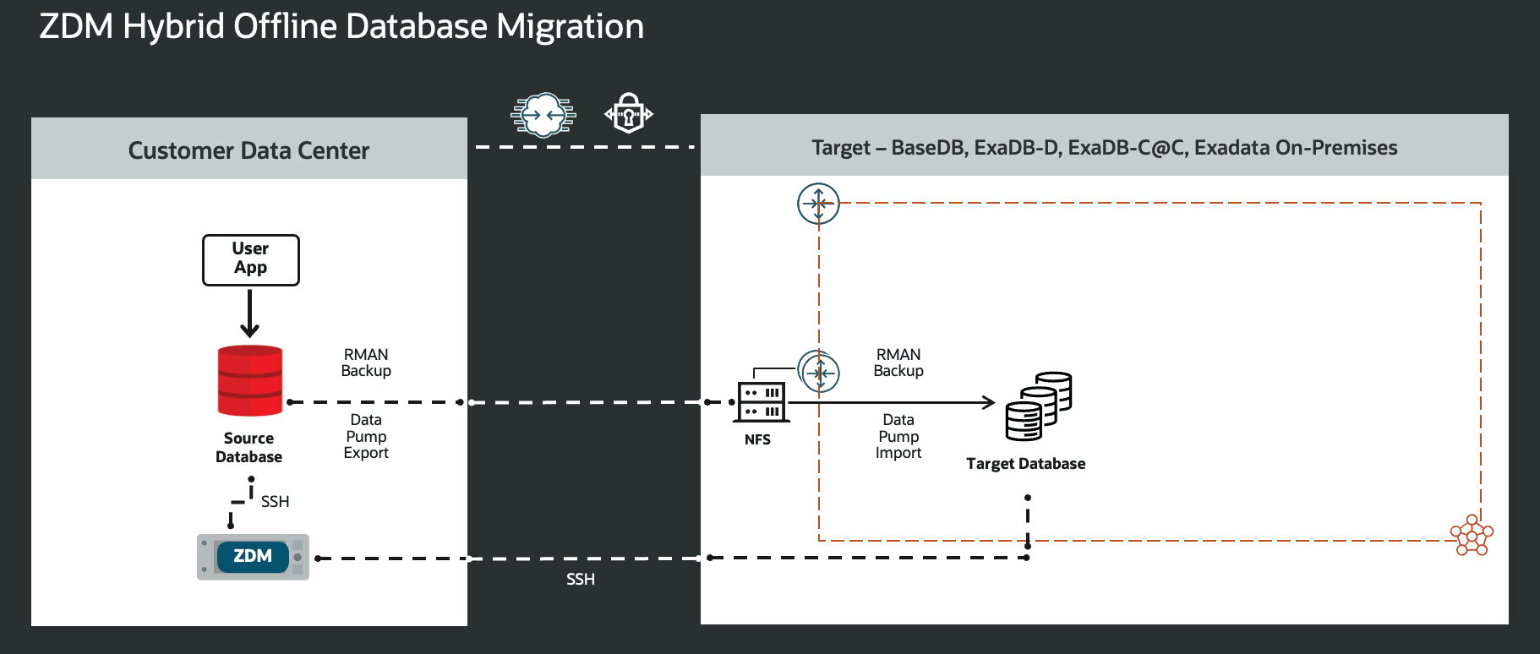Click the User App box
(250, 259)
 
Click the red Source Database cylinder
(249, 380)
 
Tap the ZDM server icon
(253, 557)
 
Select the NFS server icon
(762, 402)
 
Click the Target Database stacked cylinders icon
(1038, 406)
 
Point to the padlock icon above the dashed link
(628, 113)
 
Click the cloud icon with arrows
(543, 114)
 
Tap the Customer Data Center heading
(248, 150)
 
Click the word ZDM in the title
(76, 27)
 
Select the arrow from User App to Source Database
(249, 313)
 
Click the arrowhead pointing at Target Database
(988, 402)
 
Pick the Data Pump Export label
(366, 436)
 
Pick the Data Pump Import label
(898, 436)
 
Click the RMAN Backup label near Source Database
(366, 362)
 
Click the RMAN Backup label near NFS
(898, 362)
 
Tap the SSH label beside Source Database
(275, 502)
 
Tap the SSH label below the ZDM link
(580, 580)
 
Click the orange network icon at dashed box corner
(1472, 535)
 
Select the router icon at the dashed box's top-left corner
(818, 204)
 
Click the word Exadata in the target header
(1231, 148)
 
